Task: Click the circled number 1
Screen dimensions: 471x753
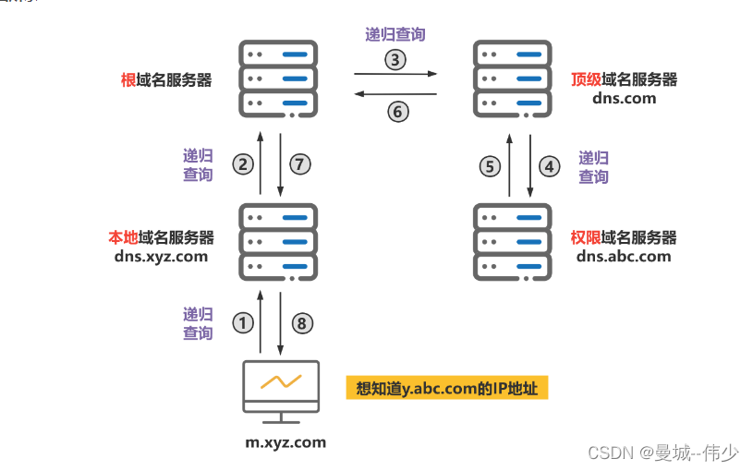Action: pyautogui.click(x=242, y=323)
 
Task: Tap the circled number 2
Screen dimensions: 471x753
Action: pyautogui.click(x=243, y=164)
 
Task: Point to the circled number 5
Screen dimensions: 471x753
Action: pyautogui.click(x=490, y=166)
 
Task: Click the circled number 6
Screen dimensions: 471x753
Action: pyautogui.click(x=395, y=111)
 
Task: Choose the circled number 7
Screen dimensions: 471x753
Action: pyautogui.click(x=299, y=164)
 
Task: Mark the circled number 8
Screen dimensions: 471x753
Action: pyautogui.click(x=299, y=323)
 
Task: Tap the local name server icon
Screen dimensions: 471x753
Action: pyautogui.click(x=278, y=241)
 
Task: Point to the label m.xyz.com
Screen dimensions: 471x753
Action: pyautogui.click(x=285, y=442)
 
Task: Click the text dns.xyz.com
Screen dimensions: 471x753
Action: pyautogui.click(x=161, y=257)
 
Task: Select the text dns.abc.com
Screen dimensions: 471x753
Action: pyautogui.click(x=624, y=256)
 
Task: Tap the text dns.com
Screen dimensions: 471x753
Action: pyautogui.click(x=625, y=97)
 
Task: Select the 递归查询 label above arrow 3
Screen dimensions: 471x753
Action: pyautogui.click(x=395, y=35)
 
